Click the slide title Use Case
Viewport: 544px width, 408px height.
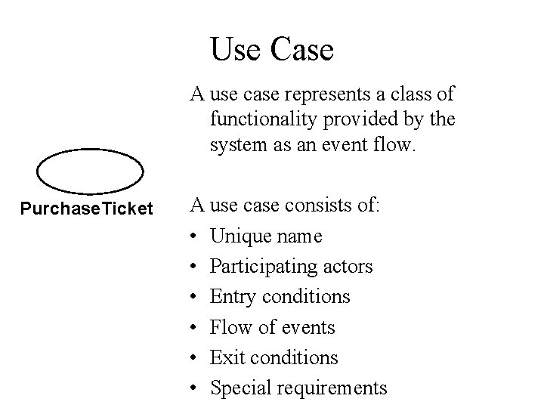272,50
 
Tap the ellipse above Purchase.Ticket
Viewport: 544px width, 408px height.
90,172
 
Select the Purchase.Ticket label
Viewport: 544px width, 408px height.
87,208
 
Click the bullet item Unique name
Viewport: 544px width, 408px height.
266,236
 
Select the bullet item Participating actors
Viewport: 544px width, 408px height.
291,267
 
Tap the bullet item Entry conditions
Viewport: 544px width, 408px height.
280,297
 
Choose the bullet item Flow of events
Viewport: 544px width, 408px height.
272,327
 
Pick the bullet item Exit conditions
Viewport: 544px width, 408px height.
274,357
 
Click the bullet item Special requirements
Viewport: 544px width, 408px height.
298,388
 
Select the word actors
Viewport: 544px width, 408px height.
348,267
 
